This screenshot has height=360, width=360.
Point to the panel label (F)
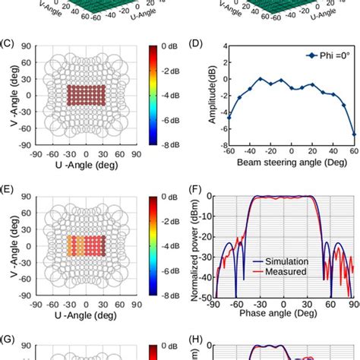coord(195,184)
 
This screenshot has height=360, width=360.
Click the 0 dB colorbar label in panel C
coord(170,47)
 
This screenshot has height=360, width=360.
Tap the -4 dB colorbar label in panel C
coord(170,95)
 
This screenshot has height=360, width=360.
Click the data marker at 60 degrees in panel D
coord(353,134)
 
